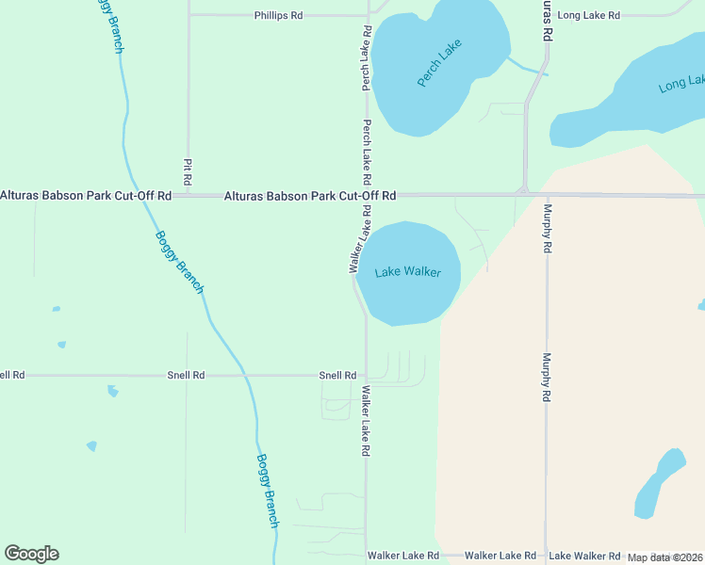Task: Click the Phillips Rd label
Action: pyautogui.click(x=278, y=15)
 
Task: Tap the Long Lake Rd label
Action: pyautogui.click(x=589, y=15)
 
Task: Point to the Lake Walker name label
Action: pyautogui.click(x=408, y=272)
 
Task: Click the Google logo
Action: pyautogui.click(x=31, y=554)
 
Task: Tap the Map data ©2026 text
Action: pyautogui.click(x=665, y=557)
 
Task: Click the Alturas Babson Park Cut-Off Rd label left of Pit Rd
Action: pyautogui.click(x=86, y=196)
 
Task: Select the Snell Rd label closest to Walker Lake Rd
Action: pyautogui.click(x=337, y=375)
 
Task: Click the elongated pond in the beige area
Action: pyautogui.click(x=660, y=482)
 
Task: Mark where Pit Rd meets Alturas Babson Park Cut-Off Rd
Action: pyautogui.click(x=188, y=196)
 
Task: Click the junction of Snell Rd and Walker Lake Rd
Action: pyautogui.click(x=366, y=375)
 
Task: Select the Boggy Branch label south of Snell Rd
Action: pyautogui.click(x=268, y=490)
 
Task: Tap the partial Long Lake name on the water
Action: pyautogui.click(x=680, y=83)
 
